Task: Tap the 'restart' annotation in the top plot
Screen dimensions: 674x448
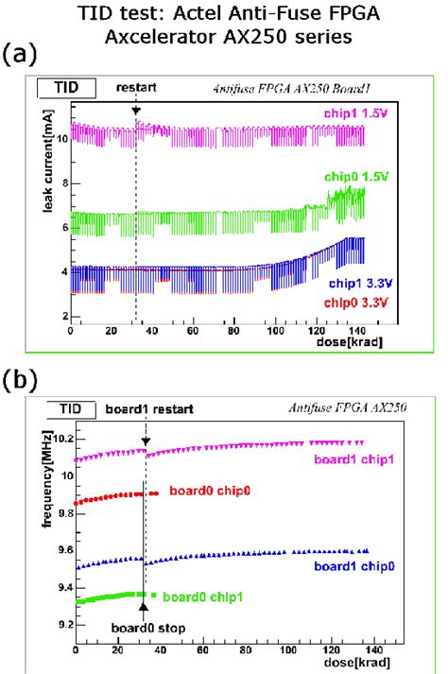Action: [x=135, y=87]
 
